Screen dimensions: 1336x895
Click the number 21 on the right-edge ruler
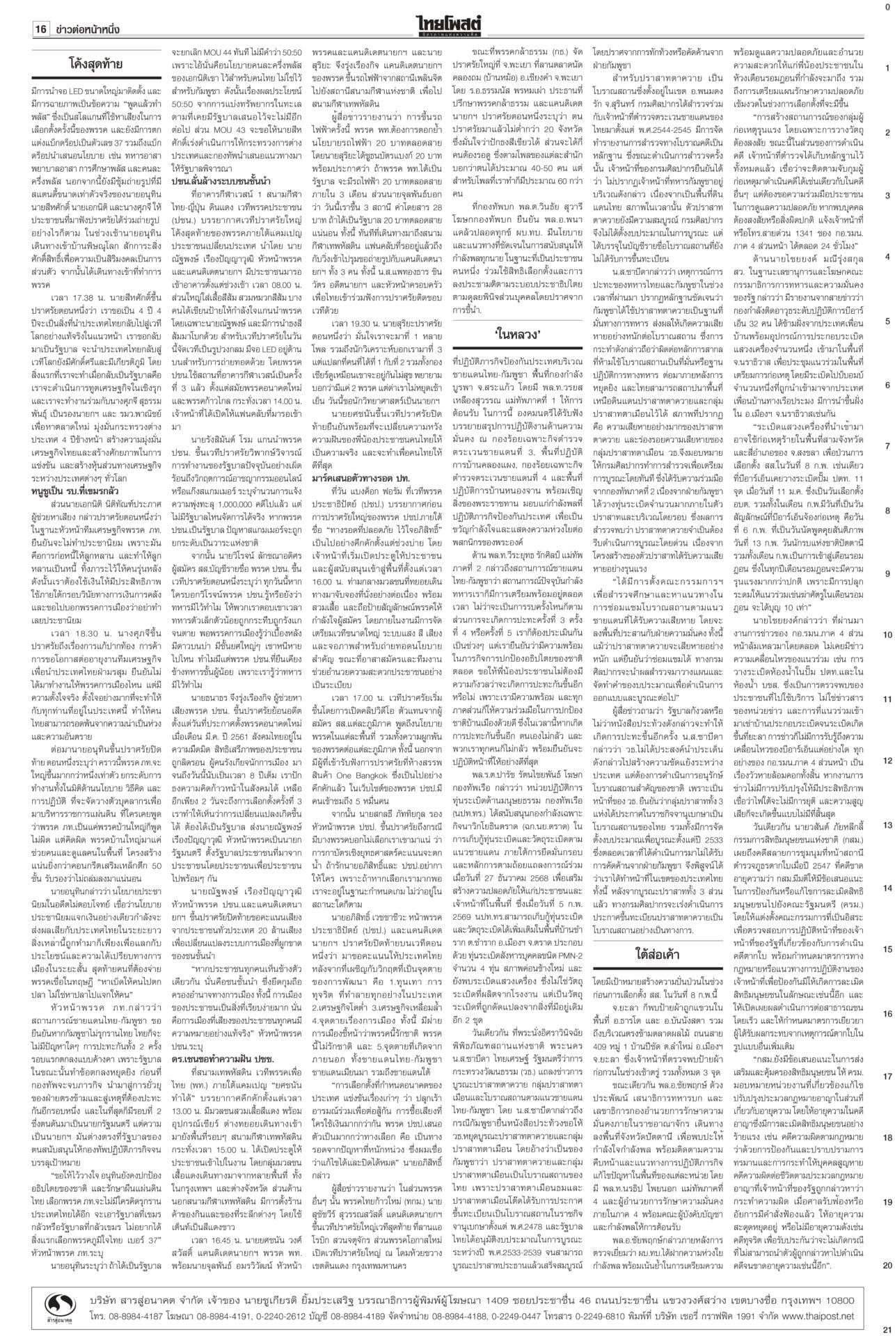(887, 1328)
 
